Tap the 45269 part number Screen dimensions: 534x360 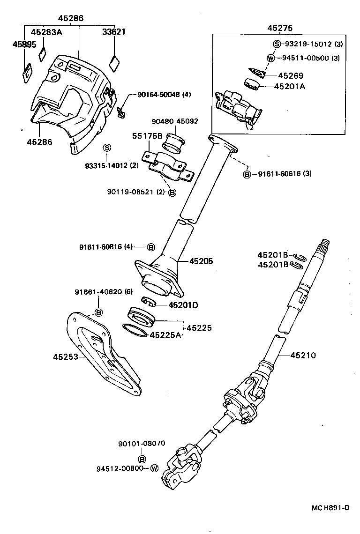click(x=291, y=75)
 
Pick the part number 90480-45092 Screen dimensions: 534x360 click(x=175, y=121)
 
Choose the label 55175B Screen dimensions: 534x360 click(x=147, y=136)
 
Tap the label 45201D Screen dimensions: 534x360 click(x=183, y=305)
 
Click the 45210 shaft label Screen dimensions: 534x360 click(x=303, y=356)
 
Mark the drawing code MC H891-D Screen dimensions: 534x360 click(x=331, y=508)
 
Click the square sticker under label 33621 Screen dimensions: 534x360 click(x=114, y=62)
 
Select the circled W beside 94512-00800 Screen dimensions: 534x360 click(x=155, y=468)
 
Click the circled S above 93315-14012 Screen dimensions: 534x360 click(x=106, y=148)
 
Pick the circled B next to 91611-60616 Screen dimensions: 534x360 click(x=247, y=174)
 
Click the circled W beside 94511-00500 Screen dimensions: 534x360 click(x=270, y=58)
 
